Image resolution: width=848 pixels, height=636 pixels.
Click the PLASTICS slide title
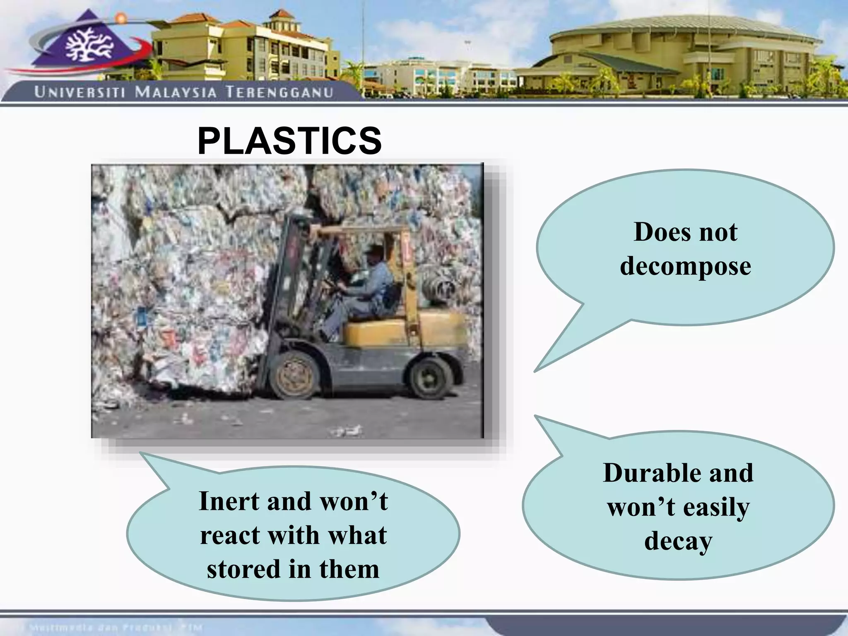pos(289,141)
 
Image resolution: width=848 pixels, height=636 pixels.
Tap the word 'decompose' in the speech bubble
pos(685,266)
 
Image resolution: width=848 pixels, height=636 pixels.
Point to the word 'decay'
pos(678,541)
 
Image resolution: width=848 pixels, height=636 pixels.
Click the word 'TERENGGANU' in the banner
pos(279,92)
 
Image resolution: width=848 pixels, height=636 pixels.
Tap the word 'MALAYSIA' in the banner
pos(176,92)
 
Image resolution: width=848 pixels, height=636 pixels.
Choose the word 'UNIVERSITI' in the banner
pos(79,92)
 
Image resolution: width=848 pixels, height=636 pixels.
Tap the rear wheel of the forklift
pos(430,377)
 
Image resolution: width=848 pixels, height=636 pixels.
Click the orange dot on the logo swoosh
pos(120,18)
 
